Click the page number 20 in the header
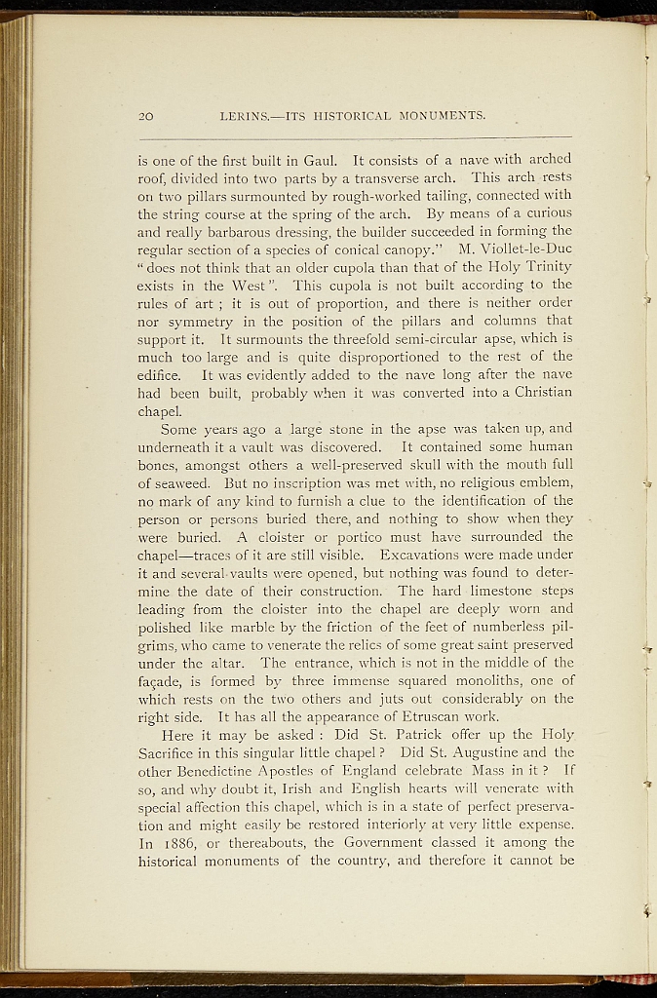(x=146, y=117)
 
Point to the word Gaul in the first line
(x=323, y=159)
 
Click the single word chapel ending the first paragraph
(x=159, y=410)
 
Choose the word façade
(x=160, y=681)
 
